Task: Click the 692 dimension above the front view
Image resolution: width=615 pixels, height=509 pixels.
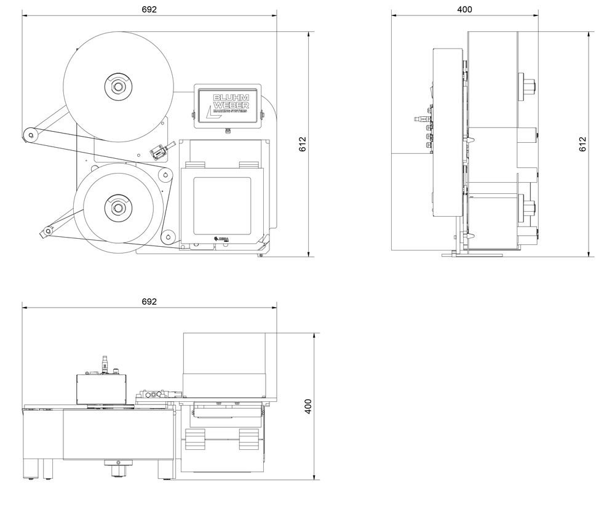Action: tap(149, 9)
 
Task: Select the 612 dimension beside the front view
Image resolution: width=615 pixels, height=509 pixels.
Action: tap(303, 144)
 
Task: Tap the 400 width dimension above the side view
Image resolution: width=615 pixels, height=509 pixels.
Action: tap(465, 9)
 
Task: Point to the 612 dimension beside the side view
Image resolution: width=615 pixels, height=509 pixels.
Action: tap(582, 144)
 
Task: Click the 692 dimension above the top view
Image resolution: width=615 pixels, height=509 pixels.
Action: tap(149, 302)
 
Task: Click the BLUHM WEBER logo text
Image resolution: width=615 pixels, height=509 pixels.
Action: tap(229, 105)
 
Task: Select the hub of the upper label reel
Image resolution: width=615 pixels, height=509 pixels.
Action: tap(117, 86)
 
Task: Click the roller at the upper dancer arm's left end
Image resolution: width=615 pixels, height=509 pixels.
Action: tap(28, 134)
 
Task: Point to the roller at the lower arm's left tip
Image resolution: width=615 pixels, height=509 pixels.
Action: tap(46, 232)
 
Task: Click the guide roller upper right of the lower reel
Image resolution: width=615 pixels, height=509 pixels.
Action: tap(164, 176)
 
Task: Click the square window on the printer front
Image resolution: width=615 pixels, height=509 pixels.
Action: tap(222, 205)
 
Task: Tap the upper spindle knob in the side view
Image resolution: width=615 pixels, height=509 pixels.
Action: tap(530, 86)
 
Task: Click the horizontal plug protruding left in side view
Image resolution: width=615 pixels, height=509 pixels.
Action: tap(421, 116)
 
